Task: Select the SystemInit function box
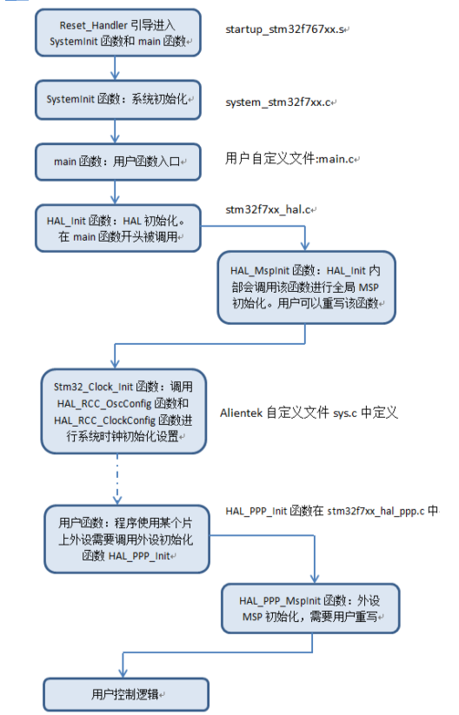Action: (118, 100)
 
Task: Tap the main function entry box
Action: (118, 162)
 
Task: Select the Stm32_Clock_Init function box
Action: (123, 411)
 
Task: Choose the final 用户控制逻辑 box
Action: (125, 694)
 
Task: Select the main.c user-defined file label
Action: (291, 159)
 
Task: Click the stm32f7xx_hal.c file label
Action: (269, 209)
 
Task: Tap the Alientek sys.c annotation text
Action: (309, 414)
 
